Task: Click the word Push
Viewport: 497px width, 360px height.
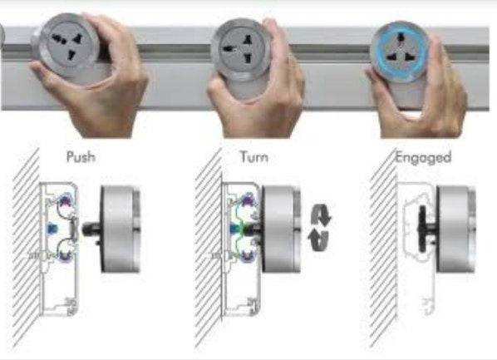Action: [x=81, y=157]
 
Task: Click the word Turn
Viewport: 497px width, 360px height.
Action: [x=254, y=157]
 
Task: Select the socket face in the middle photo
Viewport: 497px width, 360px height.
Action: [x=240, y=49]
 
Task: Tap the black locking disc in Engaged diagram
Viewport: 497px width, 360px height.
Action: [x=422, y=229]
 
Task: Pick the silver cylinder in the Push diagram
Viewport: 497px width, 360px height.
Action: [x=121, y=229]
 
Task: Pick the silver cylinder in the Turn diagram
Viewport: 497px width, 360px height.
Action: [x=281, y=229]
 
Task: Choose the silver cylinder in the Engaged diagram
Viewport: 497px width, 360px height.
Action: [x=455, y=229]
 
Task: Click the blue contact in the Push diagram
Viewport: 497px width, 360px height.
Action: [x=51, y=228]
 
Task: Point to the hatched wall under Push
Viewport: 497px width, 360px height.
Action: [x=27, y=248]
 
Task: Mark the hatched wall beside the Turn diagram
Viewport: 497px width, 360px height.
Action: [x=209, y=248]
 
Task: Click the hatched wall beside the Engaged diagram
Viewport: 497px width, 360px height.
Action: [x=383, y=248]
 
